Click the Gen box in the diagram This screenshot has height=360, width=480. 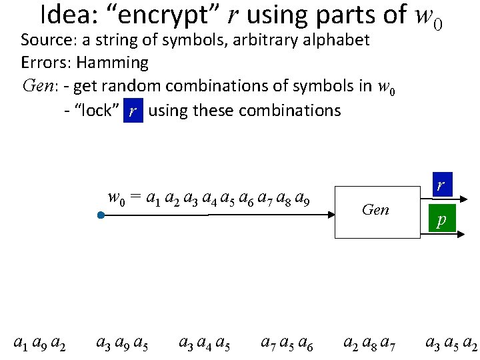pos(375,210)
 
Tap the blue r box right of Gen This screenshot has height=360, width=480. pos(441,185)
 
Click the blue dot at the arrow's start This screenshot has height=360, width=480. pos(99,215)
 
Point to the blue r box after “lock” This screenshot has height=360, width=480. pos(133,111)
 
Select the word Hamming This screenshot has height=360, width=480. pos(112,63)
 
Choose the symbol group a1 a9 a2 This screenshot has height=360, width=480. pos(39,344)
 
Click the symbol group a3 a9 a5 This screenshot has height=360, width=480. pos(122,344)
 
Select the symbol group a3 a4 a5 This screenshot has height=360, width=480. pos(205,344)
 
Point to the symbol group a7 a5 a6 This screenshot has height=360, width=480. pos(287,344)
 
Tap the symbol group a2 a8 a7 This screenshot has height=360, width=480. pos(369,344)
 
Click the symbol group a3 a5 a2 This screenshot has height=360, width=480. pos(451,344)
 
